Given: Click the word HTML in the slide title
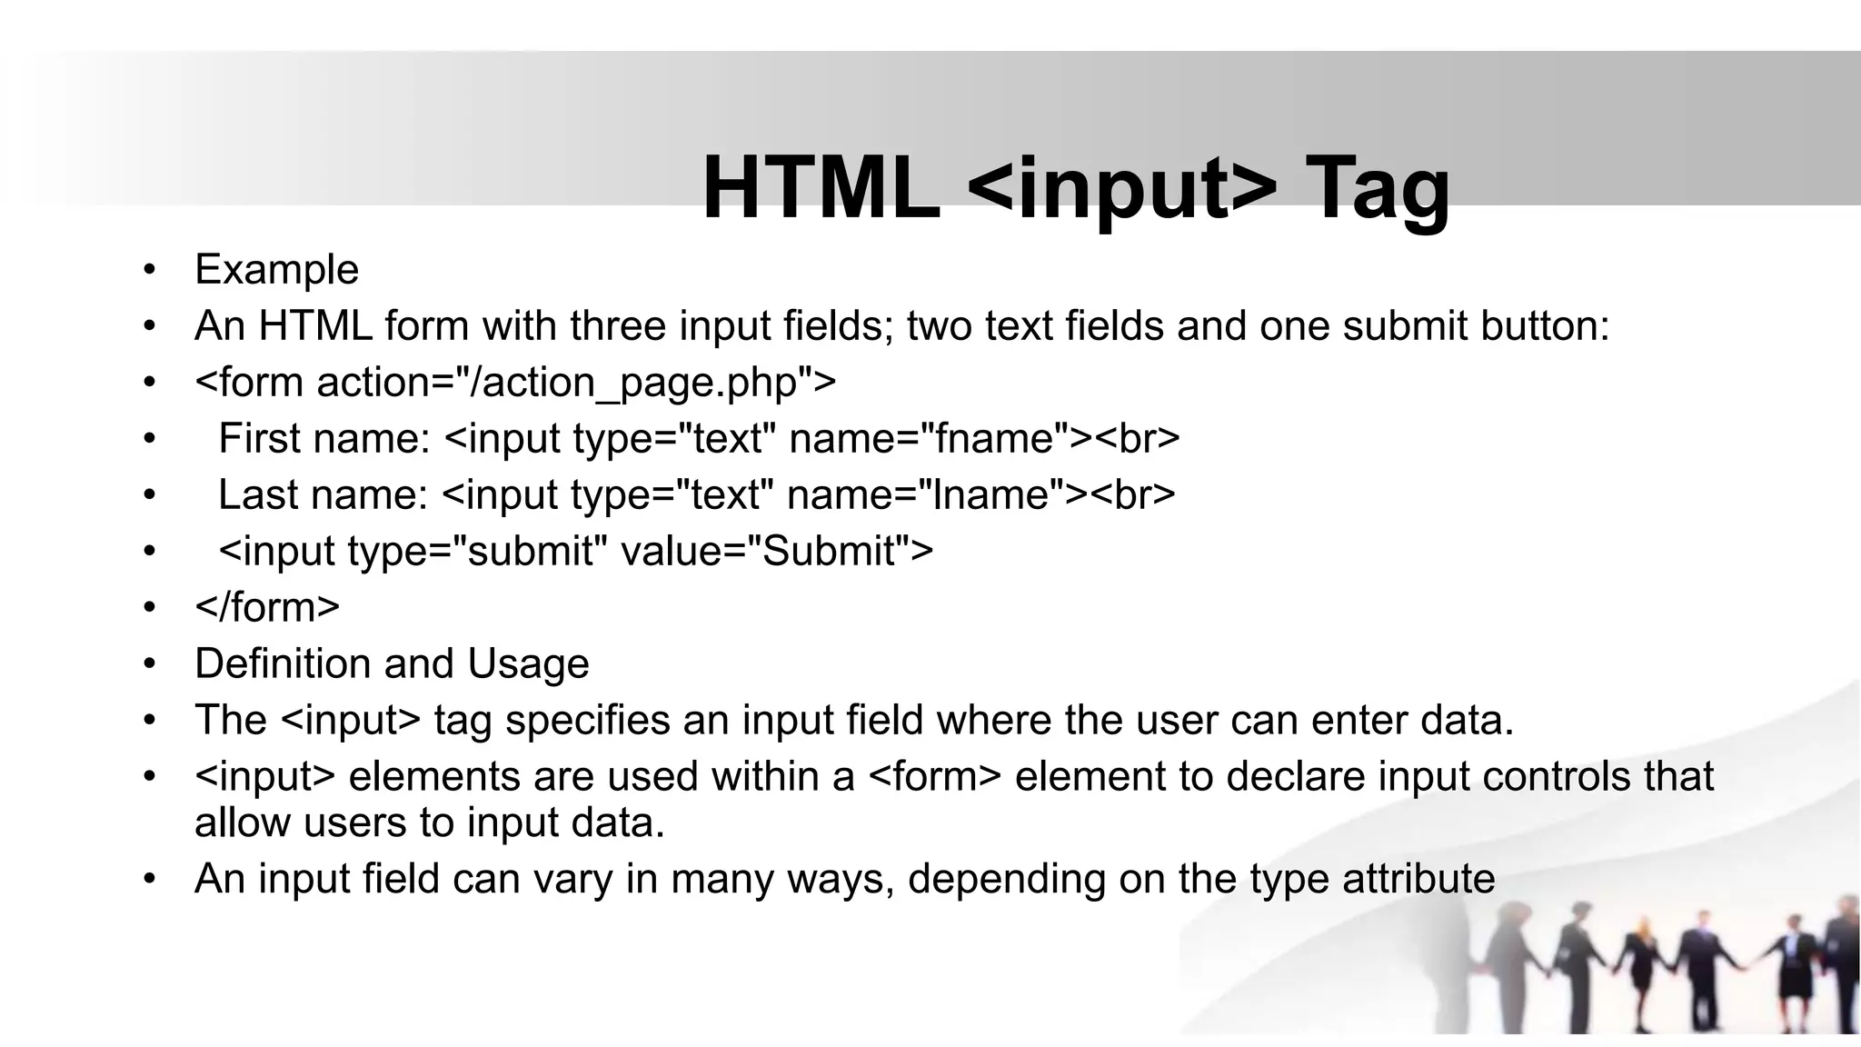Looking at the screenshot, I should point(821,188).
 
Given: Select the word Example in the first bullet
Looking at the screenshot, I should point(276,270).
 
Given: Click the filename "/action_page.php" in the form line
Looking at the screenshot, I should point(626,383).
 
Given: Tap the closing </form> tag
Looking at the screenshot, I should point(267,607).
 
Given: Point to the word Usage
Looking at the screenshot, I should point(528,663).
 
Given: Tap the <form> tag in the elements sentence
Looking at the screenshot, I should point(935,777).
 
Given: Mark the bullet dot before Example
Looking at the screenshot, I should point(149,270).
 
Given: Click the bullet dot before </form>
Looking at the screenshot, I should point(149,607).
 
